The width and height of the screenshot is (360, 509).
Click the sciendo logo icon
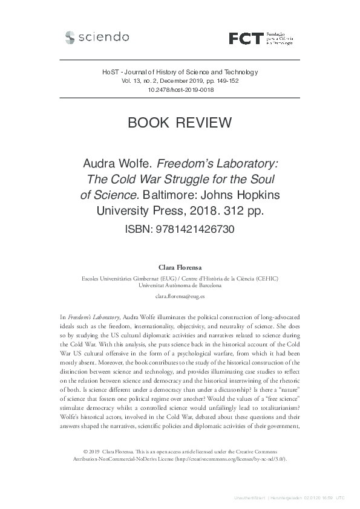point(70,37)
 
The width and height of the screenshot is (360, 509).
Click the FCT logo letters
point(247,39)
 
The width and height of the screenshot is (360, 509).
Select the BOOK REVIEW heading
point(180,123)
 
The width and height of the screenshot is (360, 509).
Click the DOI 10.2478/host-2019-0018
point(180,89)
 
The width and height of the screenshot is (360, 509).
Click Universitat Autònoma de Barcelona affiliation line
point(180,285)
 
